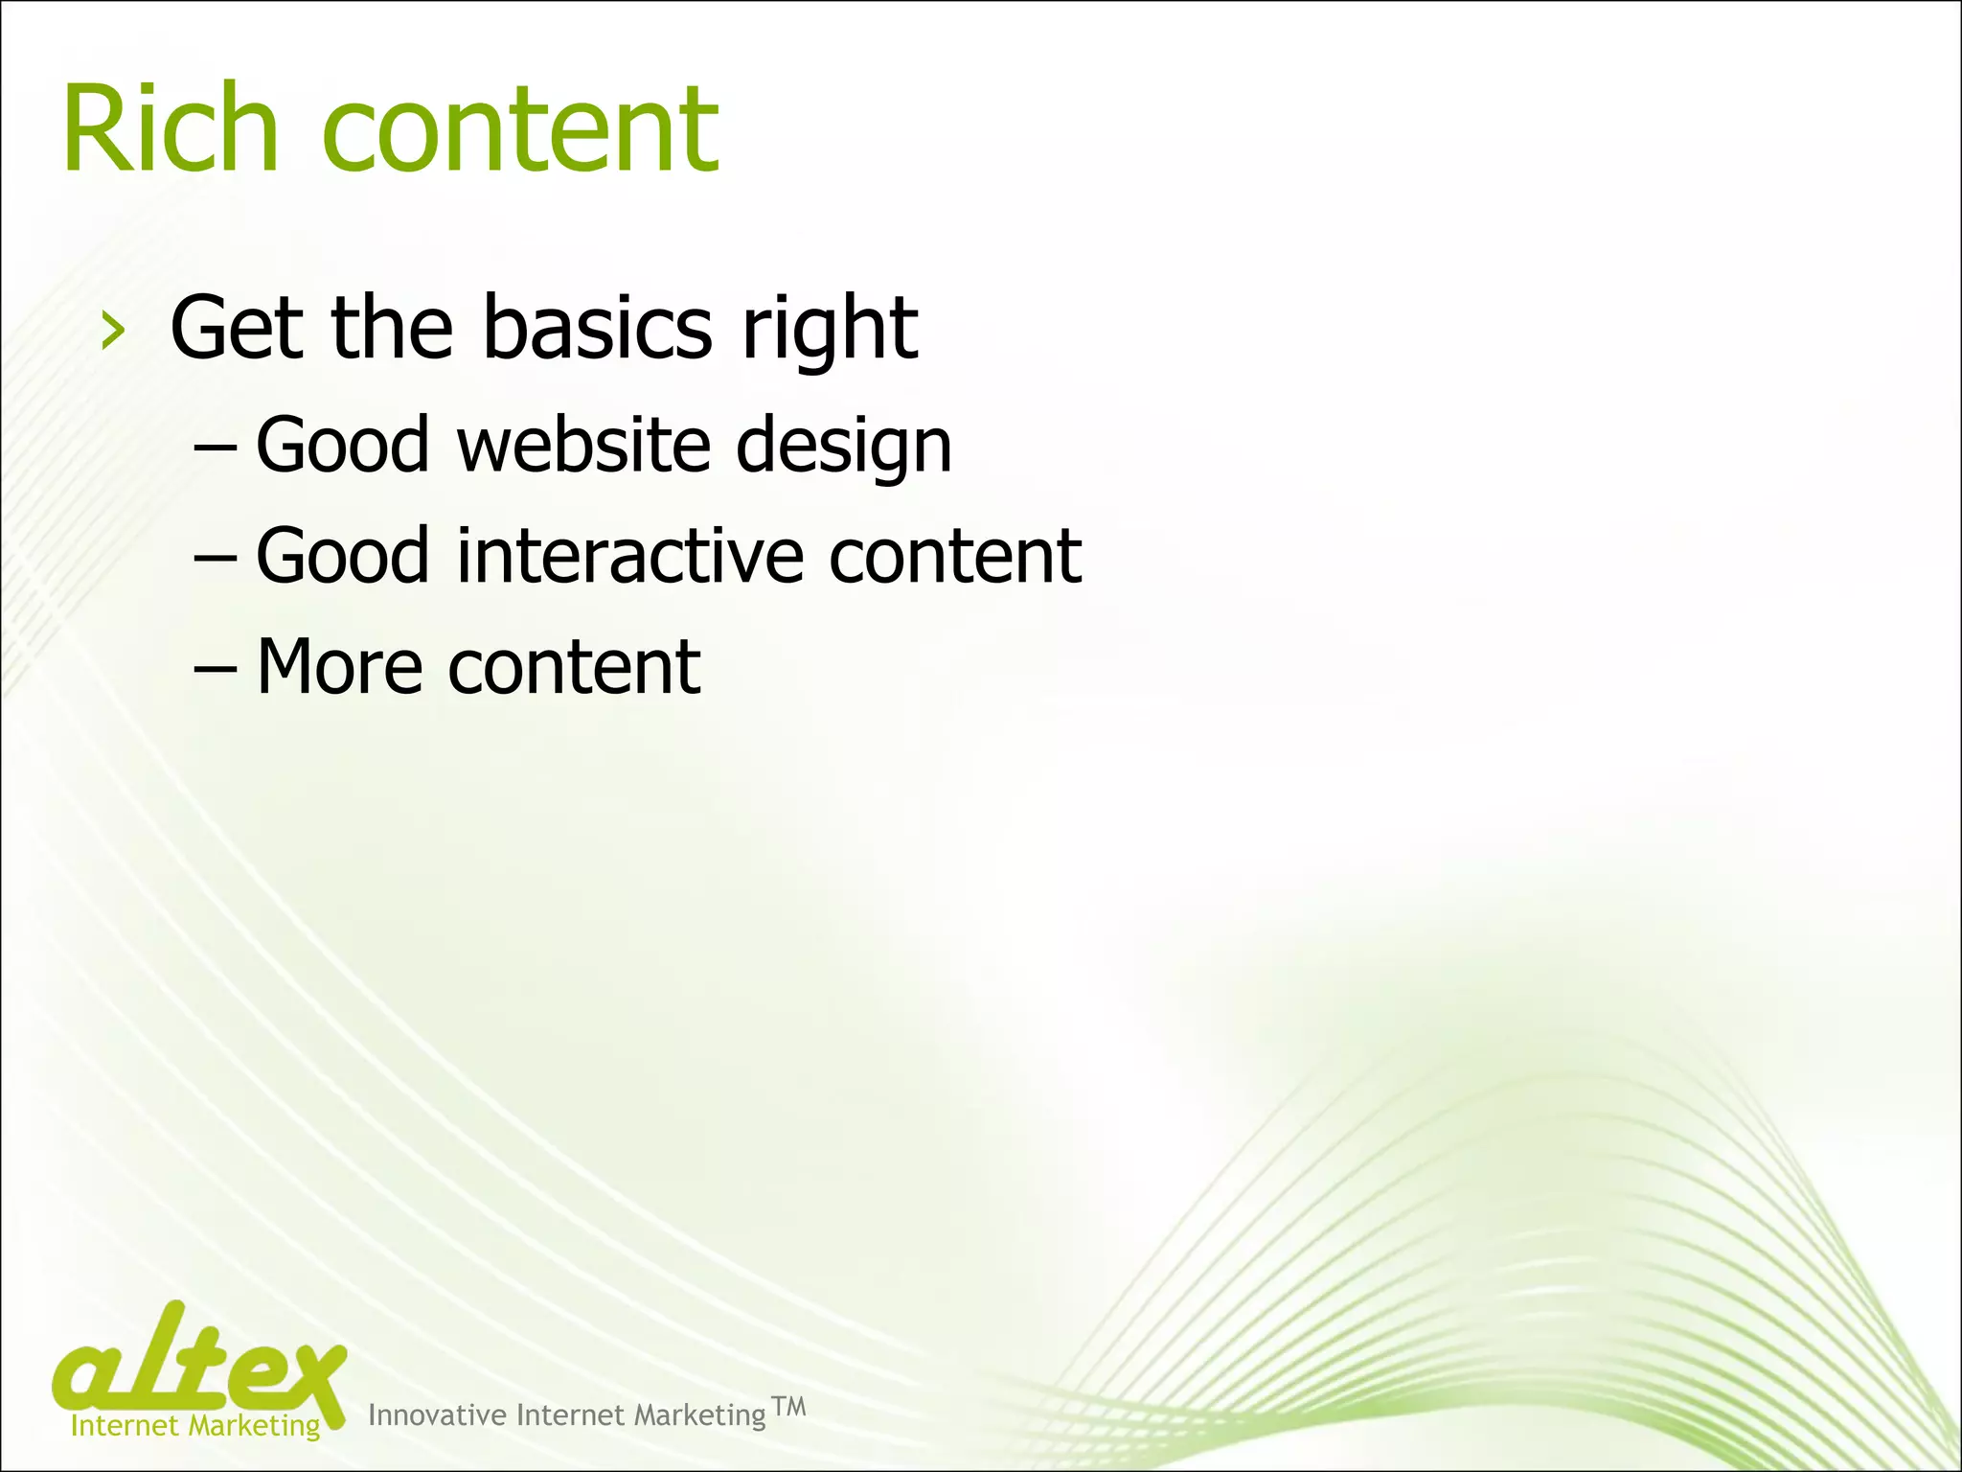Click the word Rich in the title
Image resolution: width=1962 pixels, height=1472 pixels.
click(171, 129)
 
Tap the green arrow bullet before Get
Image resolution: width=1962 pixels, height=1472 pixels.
click(113, 332)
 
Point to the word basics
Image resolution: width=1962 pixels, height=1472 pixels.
click(597, 328)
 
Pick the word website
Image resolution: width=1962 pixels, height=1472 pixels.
click(583, 445)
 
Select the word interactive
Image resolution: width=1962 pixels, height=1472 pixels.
click(629, 556)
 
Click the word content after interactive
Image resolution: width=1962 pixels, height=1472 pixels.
click(955, 557)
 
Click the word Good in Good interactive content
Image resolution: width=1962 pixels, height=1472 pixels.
click(342, 556)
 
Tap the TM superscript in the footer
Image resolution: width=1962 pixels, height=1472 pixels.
click(788, 1407)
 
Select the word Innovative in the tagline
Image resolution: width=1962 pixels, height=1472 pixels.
click(437, 1415)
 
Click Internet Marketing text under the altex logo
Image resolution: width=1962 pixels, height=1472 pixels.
click(195, 1426)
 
